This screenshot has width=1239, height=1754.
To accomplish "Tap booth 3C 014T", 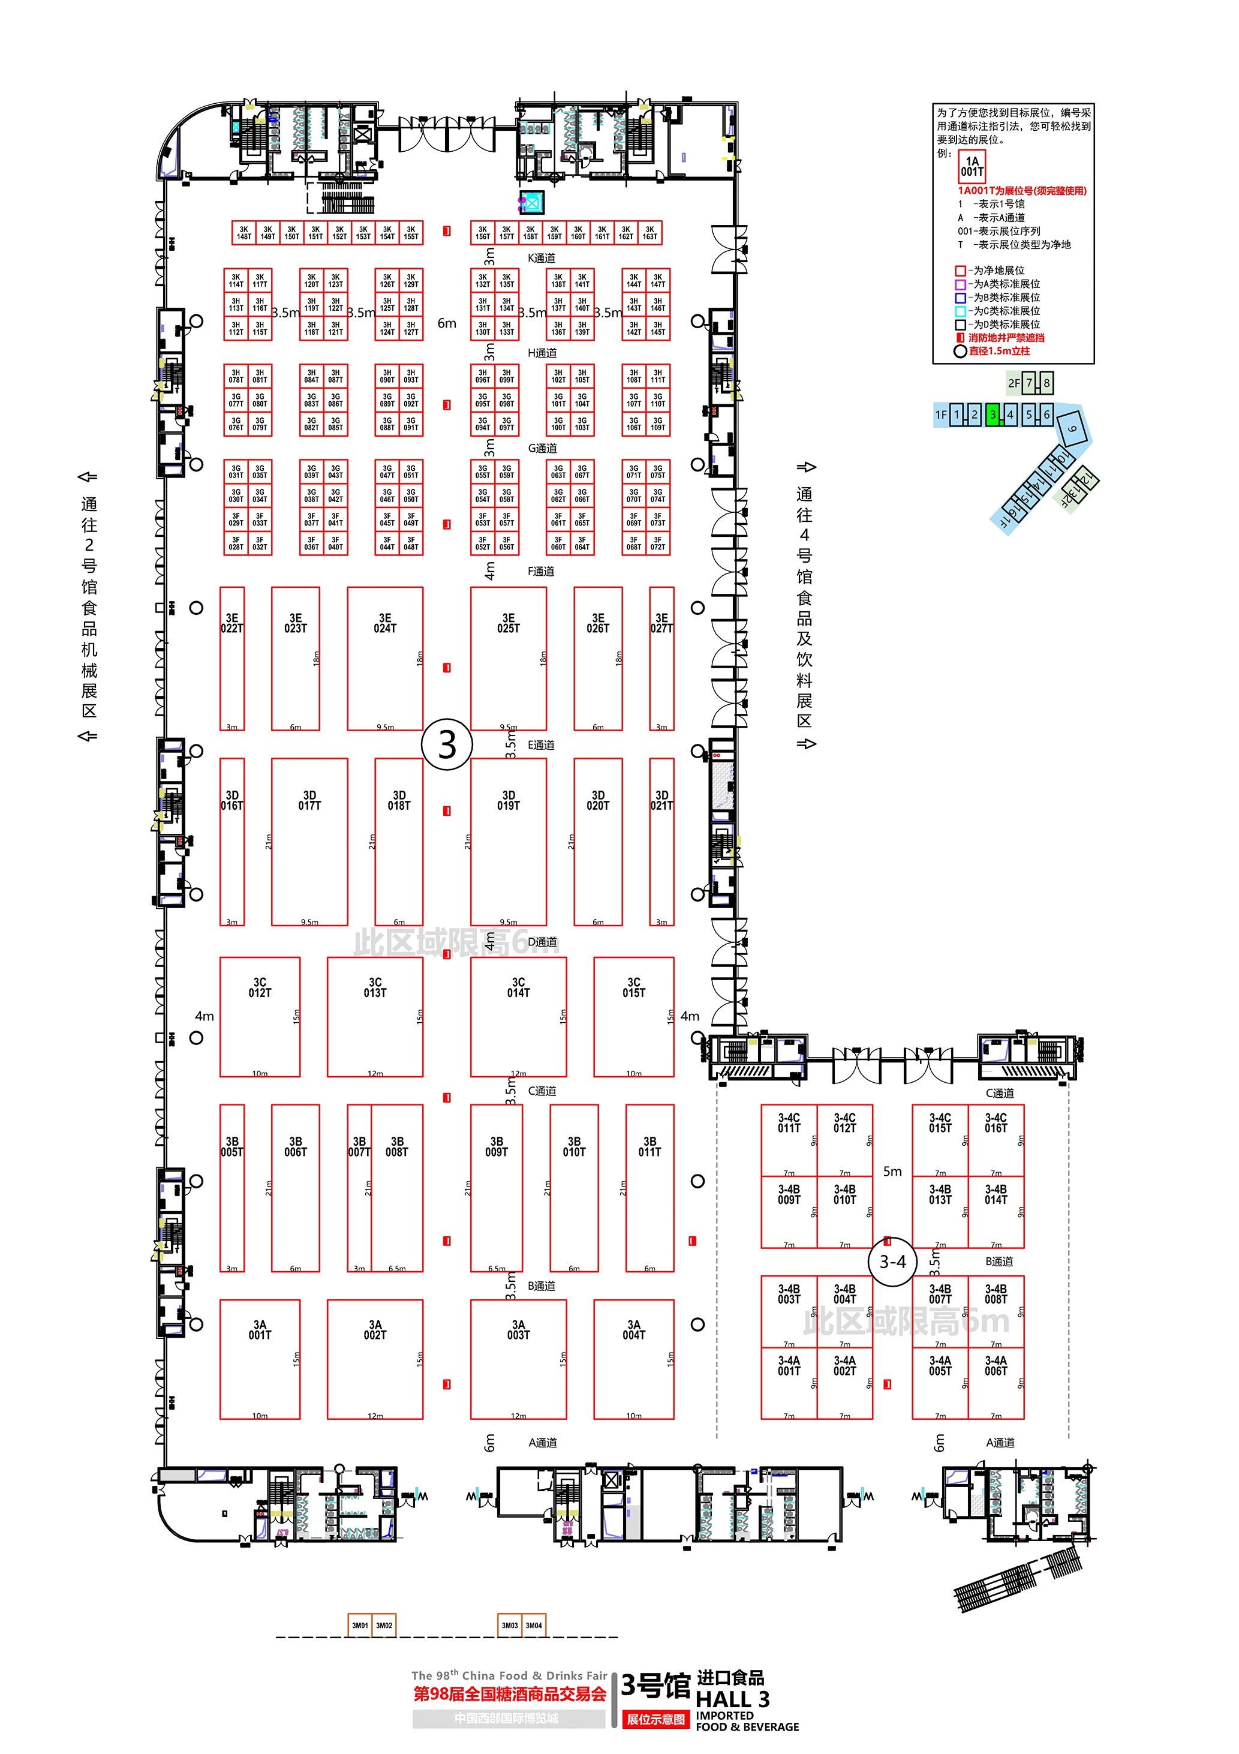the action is point(518,1016).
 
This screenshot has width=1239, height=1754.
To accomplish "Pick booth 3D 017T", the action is point(309,841).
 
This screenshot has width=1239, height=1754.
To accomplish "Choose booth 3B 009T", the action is point(497,1188).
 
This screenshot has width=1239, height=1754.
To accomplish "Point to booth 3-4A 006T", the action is point(996,1383).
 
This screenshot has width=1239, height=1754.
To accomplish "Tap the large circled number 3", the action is point(447,744).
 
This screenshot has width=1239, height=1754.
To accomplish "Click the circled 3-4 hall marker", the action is point(892,1262).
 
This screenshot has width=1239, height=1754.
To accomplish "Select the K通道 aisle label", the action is point(542,258).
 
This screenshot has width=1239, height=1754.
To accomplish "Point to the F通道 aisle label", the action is point(541,572).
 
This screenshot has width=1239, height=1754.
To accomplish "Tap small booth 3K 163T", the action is point(649,233).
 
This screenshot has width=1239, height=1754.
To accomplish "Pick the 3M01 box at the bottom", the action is point(360,1625).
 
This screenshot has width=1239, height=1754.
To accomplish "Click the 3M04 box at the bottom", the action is point(534,1625).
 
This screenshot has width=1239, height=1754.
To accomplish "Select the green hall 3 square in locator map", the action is point(993,415).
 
